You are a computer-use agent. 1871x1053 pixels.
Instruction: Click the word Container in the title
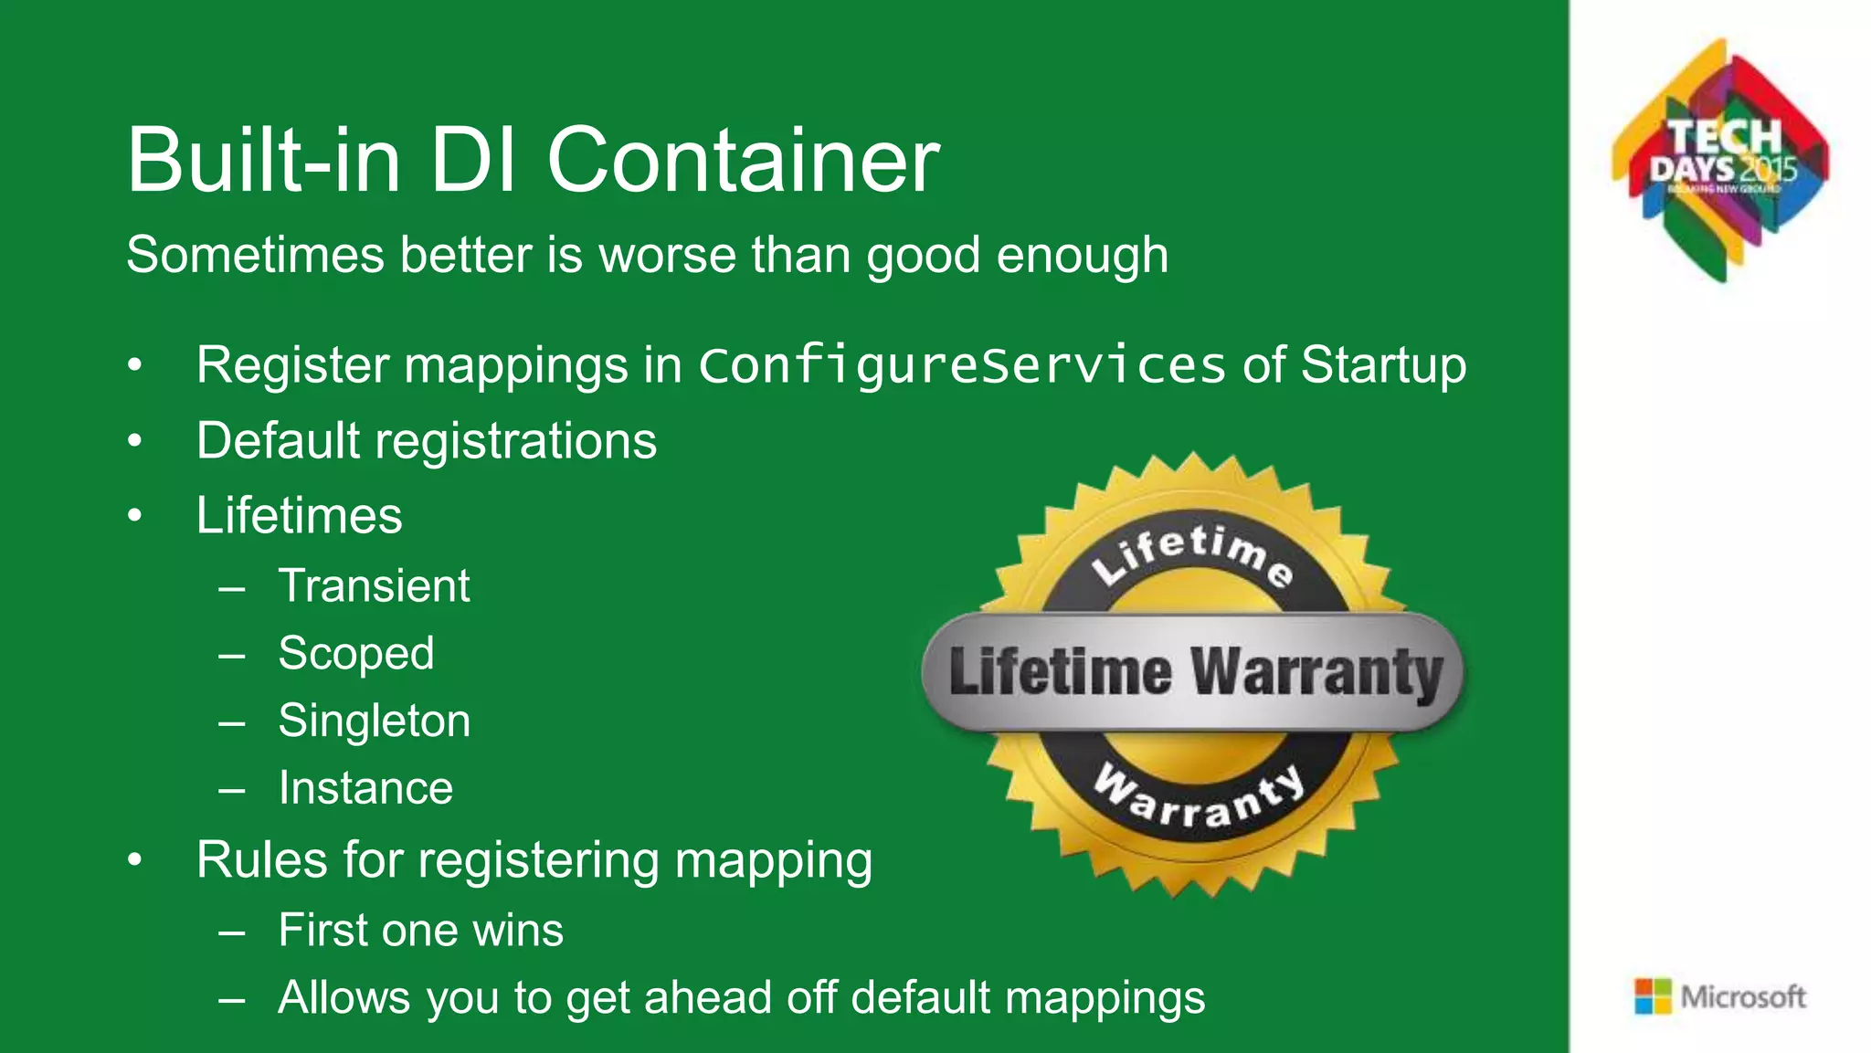tap(743, 161)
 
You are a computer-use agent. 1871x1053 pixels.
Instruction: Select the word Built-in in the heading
tap(263, 161)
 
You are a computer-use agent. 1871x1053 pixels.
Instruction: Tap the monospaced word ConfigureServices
tap(961, 365)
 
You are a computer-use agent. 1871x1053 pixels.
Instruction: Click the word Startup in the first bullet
tap(1383, 365)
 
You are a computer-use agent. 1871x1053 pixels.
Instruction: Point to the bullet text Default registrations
tap(426, 441)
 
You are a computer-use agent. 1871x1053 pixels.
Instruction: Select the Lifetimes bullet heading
tap(299, 516)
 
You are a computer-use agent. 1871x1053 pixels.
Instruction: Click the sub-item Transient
tap(374, 585)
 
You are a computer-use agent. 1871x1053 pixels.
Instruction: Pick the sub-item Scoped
tap(356, 654)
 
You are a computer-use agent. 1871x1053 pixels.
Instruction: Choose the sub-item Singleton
tap(375, 721)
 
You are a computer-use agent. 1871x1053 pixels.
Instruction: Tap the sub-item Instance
tap(365, 788)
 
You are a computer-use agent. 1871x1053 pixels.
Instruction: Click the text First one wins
tap(420, 931)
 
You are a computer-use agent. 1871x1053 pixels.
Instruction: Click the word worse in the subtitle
tap(667, 255)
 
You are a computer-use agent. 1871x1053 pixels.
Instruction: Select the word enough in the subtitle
tap(1082, 255)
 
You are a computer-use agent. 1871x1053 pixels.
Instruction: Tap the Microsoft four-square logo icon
tap(1652, 996)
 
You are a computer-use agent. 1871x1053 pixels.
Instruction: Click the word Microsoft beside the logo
tap(1743, 996)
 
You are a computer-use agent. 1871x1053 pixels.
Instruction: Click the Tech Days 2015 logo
tap(1721, 161)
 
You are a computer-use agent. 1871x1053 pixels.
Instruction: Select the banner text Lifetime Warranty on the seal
tap(1194, 673)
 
